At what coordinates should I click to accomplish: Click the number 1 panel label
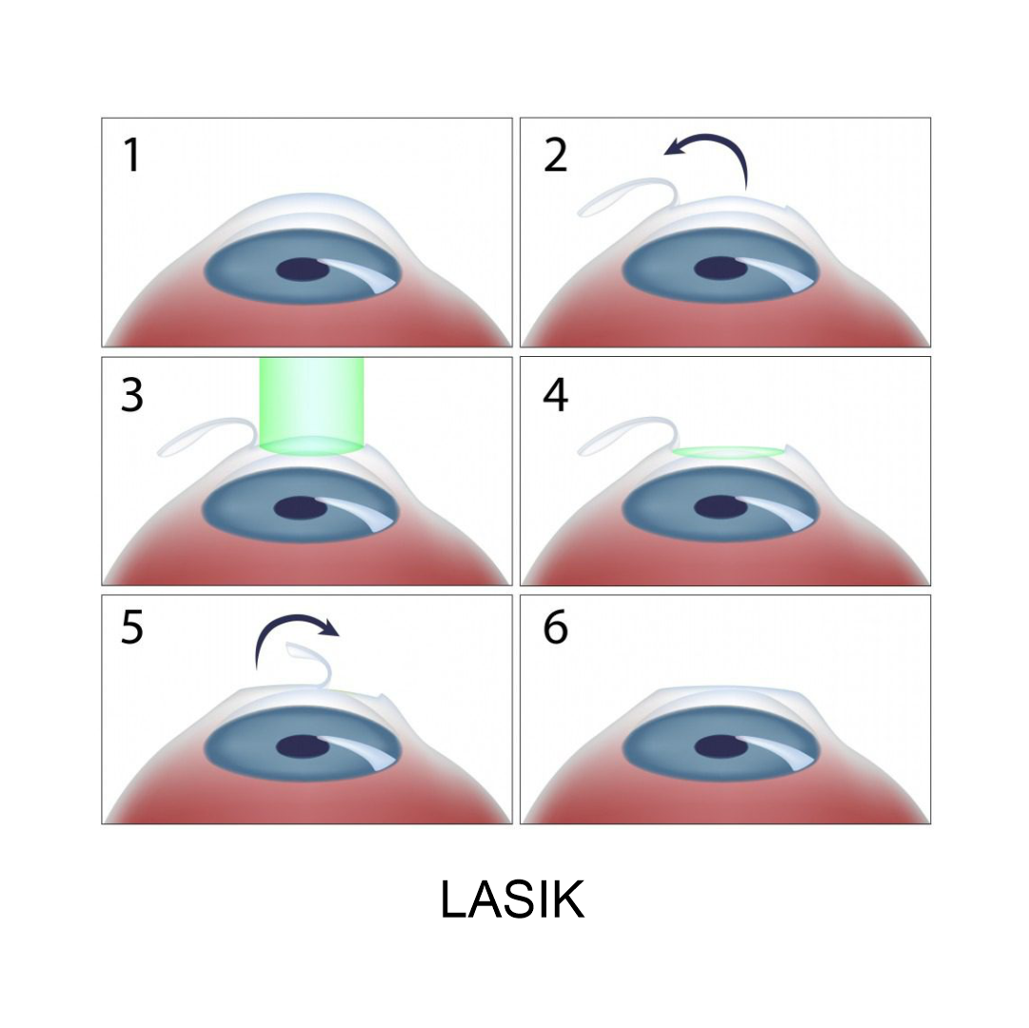point(132,155)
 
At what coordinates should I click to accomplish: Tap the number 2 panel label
point(555,155)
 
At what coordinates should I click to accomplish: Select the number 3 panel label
point(132,395)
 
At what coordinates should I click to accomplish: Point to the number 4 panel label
point(555,395)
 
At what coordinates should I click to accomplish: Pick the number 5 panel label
point(132,628)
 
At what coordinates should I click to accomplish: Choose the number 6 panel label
point(555,628)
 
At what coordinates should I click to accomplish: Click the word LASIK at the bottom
point(512,899)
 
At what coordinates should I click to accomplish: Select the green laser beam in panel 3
point(311,405)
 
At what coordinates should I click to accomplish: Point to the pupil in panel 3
point(300,507)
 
